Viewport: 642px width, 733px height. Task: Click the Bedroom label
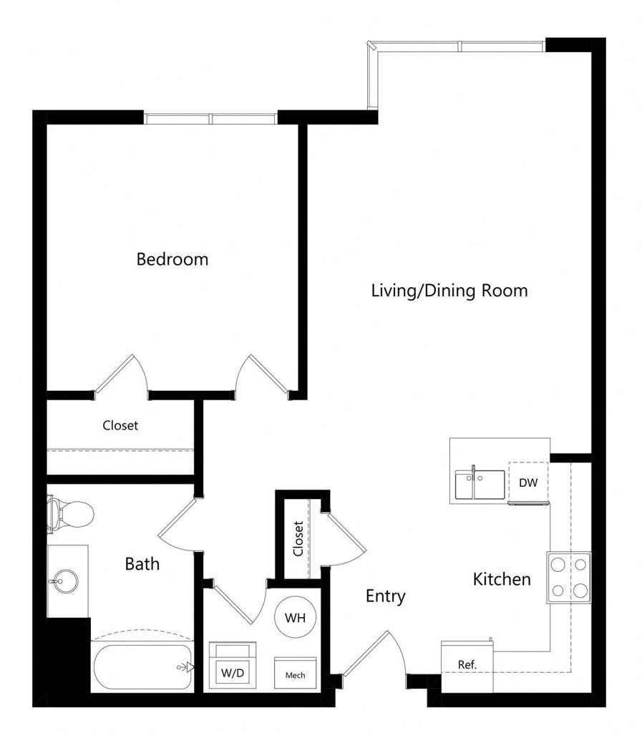click(x=172, y=259)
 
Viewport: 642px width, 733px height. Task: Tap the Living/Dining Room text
click(x=449, y=291)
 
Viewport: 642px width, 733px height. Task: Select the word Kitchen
click(x=502, y=579)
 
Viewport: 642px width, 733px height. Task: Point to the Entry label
click(x=386, y=596)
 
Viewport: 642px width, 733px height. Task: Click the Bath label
click(x=142, y=564)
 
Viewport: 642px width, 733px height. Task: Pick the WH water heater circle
click(x=296, y=618)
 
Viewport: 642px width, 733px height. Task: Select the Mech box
click(x=296, y=673)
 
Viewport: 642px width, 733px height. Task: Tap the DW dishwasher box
click(x=528, y=482)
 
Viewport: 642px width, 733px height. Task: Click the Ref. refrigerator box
click(x=467, y=667)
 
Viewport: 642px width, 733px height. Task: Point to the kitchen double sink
click(x=480, y=484)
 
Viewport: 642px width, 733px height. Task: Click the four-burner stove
click(x=569, y=578)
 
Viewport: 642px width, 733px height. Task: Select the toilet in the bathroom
click(x=70, y=514)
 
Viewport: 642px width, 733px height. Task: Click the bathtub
click(x=143, y=667)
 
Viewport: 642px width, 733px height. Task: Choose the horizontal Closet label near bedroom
click(x=120, y=425)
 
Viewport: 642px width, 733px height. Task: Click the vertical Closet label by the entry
click(x=298, y=538)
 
